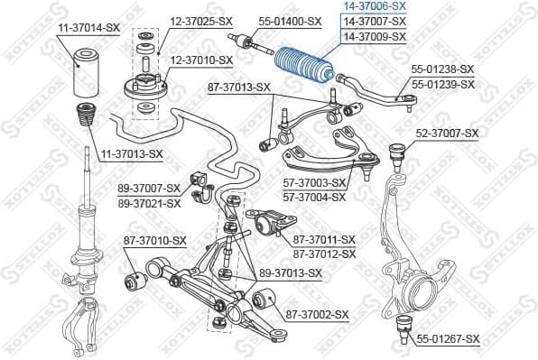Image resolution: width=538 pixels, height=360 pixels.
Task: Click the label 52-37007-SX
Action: click(x=447, y=134)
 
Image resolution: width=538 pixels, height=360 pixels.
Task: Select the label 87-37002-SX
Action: click(x=317, y=314)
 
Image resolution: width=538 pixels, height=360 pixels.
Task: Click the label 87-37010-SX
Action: click(x=154, y=241)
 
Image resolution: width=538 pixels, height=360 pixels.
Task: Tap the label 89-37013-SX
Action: click(x=291, y=272)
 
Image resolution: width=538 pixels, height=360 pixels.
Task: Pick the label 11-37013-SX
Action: click(x=131, y=154)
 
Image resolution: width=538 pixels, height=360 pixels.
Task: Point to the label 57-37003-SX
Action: click(x=314, y=183)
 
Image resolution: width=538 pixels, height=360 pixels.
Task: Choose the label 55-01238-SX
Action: click(x=442, y=69)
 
